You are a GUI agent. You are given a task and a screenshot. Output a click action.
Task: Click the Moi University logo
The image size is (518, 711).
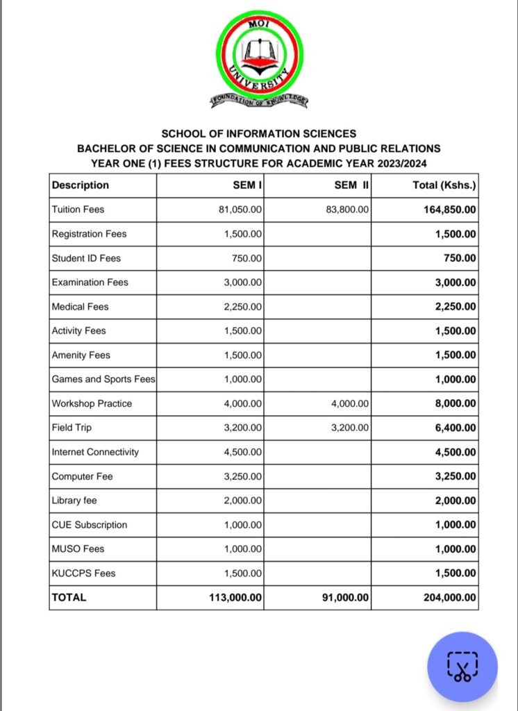(258, 60)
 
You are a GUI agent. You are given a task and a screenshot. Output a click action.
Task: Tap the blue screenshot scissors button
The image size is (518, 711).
(462, 666)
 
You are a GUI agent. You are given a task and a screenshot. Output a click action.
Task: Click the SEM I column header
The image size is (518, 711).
(247, 185)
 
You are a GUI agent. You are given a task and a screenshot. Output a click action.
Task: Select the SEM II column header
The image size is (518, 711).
(353, 185)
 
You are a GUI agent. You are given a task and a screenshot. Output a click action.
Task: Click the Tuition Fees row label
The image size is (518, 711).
(78, 209)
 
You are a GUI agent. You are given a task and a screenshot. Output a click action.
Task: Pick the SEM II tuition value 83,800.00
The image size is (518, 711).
(347, 209)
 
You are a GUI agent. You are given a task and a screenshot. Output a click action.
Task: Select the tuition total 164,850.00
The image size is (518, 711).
(449, 209)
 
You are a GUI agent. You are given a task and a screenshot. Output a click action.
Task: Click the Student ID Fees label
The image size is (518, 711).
(86, 258)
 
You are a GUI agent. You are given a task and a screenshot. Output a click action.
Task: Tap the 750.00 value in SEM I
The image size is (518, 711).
(249, 258)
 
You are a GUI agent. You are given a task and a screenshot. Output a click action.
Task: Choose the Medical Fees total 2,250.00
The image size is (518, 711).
(455, 306)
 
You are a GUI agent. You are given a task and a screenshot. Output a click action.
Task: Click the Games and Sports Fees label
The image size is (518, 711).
(103, 379)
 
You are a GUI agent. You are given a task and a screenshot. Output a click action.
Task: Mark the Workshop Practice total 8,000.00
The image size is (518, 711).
(455, 403)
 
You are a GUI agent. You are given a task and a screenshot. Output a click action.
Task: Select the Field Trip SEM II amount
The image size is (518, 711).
(351, 428)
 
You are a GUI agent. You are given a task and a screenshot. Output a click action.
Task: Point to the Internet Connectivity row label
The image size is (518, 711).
(95, 452)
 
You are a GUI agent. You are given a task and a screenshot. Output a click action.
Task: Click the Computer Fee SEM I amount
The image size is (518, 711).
(244, 476)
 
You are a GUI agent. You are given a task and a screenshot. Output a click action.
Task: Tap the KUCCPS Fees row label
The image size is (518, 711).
(83, 573)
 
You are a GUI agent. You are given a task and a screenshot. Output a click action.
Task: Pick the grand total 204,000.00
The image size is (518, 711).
(449, 597)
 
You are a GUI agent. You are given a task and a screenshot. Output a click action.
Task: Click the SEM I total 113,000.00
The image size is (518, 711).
(235, 597)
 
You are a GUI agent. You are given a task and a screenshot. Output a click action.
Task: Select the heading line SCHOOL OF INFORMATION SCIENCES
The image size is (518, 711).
(258, 133)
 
